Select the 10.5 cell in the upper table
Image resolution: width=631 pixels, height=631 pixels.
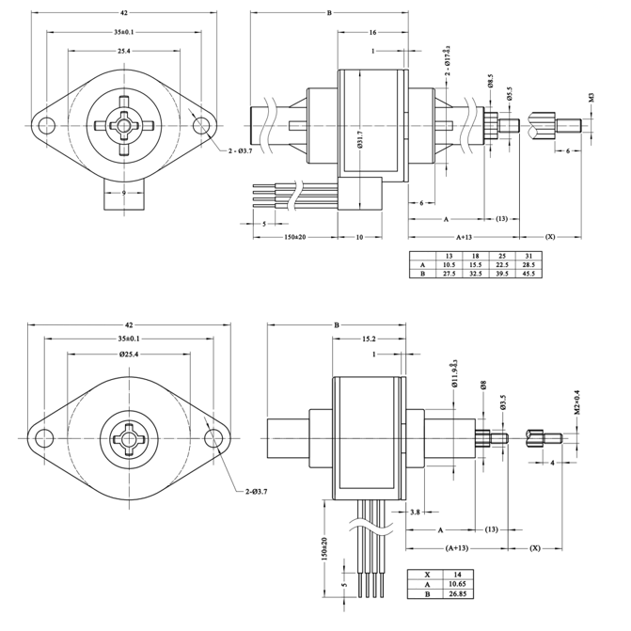[450, 264]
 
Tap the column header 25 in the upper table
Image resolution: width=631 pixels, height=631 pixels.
[502, 256]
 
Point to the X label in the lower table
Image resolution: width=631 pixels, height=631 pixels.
[427, 574]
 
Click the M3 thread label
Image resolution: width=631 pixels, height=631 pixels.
[592, 97]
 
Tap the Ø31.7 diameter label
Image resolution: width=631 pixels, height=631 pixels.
[361, 141]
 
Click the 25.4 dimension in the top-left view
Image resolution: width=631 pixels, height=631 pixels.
[123, 51]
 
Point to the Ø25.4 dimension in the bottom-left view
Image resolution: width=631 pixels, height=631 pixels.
[129, 355]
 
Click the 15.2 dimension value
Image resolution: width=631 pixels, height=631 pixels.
[370, 338]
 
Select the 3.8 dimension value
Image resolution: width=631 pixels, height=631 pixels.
[415, 512]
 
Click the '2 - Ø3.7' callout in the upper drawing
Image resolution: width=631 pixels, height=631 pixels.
[237, 150]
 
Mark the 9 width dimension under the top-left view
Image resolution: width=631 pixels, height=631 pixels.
[124, 193]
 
